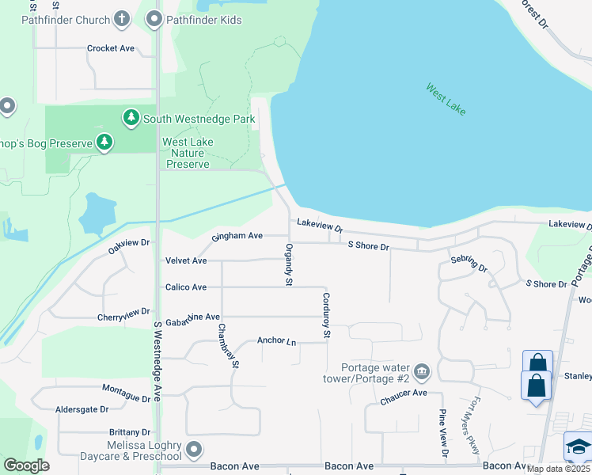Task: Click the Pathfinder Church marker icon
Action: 122,18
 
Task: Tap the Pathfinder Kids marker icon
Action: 154,18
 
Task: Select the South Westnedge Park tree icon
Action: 131,119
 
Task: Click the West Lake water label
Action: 446,100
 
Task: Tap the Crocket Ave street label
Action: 110,48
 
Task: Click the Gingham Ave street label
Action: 237,236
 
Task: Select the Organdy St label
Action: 289,265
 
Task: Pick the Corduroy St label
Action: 325,317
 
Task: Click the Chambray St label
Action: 228,347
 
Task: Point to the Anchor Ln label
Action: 276,341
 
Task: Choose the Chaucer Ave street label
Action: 403,393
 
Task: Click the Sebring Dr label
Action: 469,264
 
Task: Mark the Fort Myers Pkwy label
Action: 472,426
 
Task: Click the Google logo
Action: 27,465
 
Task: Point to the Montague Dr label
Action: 126,393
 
